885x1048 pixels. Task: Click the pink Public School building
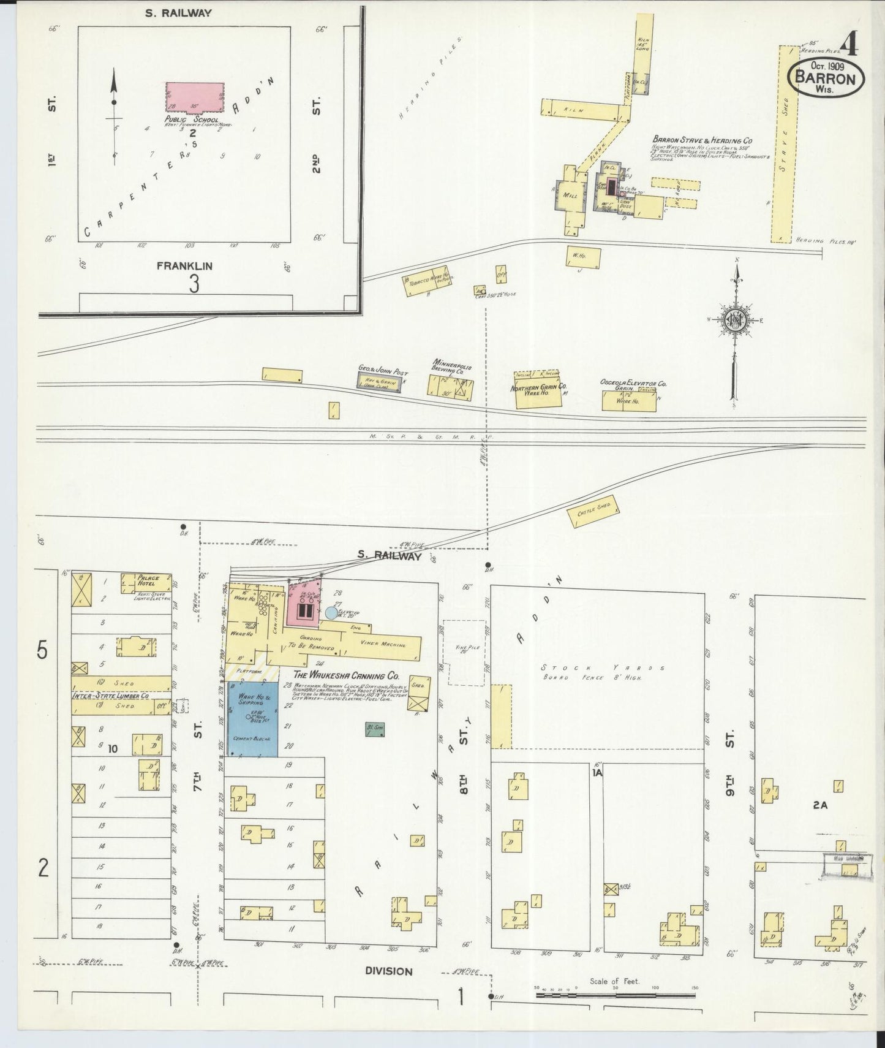[195, 97]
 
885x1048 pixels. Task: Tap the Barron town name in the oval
[825, 79]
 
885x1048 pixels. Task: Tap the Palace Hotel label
[148, 580]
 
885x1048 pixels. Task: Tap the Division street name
[389, 971]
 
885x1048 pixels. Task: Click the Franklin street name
[184, 266]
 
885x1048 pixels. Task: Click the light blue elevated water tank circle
[331, 612]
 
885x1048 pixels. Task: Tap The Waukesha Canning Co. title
[346, 676]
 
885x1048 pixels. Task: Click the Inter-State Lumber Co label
[111, 696]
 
